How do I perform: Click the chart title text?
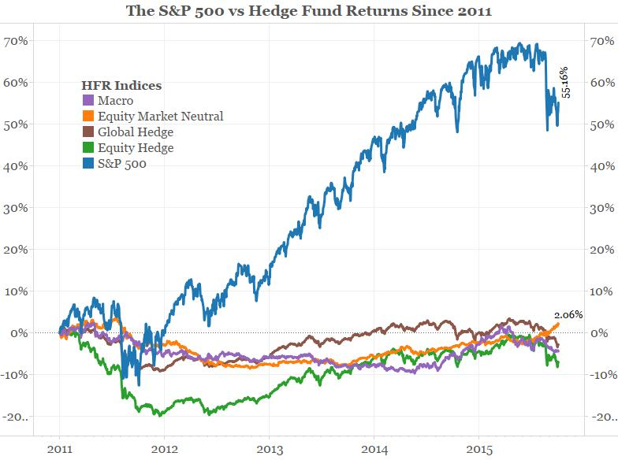[x=309, y=11]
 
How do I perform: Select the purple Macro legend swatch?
[x=89, y=100]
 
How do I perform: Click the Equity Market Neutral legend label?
[x=160, y=116]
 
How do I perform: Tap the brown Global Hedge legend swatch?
[x=89, y=132]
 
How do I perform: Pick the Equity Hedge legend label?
[x=136, y=147]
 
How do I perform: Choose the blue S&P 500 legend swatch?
[x=89, y=163]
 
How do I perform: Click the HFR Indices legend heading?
[x=122, y=84]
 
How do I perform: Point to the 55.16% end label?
[x=565, y=82]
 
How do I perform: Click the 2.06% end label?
[x=568, y=314]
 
